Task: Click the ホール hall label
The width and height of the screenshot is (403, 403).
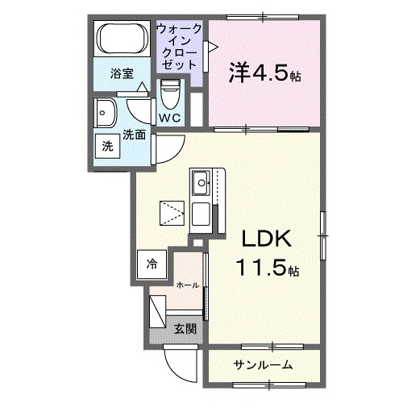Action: pyautogui.click(x=187, y=285)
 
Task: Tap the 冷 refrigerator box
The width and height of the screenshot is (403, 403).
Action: pyautogui.click(x=152, y=263)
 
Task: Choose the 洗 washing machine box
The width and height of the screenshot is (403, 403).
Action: pyautogui.click(x=107, y=147)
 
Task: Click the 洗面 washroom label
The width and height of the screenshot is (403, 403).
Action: pyautogui.click(x=134, y=135)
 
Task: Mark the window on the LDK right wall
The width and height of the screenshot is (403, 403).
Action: pyautogui.click(x=322, y=235)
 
